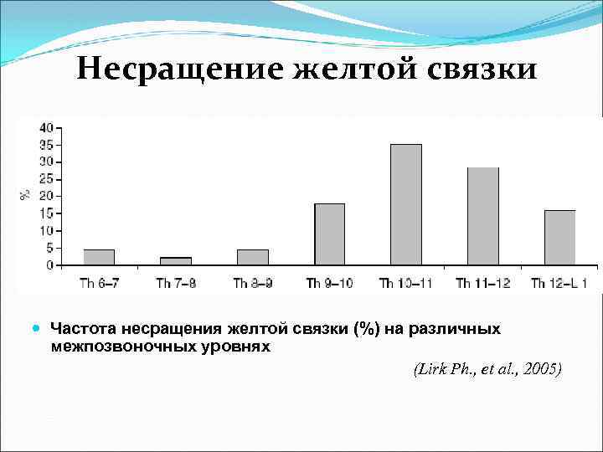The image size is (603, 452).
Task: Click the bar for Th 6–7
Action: click(x=99, y=257)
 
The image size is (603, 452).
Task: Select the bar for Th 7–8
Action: click(x=176, y=260)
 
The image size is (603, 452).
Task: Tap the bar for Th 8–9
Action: click(x=253, y=257)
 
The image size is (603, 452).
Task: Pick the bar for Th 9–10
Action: click(x=329, y=234)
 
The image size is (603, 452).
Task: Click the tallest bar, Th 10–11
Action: click(x=406, y=204)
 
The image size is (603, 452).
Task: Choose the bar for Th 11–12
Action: click(x=483, y=216)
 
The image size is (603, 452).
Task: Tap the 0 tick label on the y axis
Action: click(x=49, y=265)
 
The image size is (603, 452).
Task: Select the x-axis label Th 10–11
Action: click(x=405, y=283)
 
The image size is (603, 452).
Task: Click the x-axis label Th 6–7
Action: click(x=99, y=283)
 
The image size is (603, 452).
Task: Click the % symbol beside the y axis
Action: click(x=26, y=194)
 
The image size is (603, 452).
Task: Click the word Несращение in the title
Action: click(x=180, y=69)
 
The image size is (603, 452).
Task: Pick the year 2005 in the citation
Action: click(x=544, y=369)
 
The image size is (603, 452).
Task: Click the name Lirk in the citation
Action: click(x=431, y=369)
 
